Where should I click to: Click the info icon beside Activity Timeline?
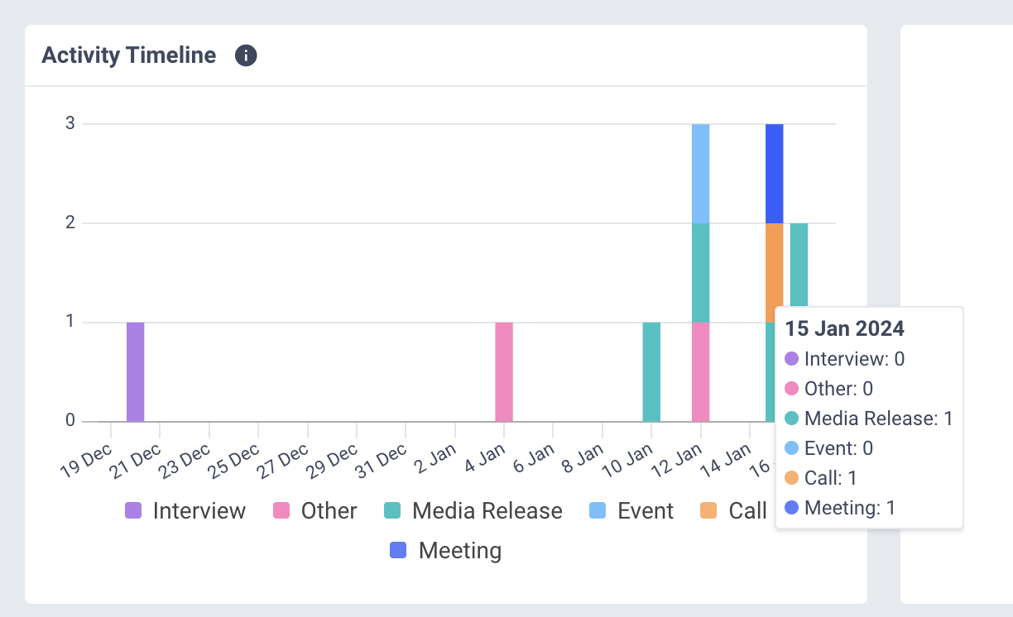pyautogui.click(x=246, y=55)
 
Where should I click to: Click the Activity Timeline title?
pyautogui.click(x=128, y=55)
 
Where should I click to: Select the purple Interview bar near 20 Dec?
pyautogui.click(x=136, y=371)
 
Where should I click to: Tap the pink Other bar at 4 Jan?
pyautogui.click(x=504, y=371)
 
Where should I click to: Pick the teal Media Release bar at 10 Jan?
pyautogui.click(x=651, y=371)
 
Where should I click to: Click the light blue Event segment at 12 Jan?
pyautogui.click(x=701, y=174)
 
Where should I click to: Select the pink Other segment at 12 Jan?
pyautogui.click(x=701, y=371)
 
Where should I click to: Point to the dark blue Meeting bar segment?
pyautogui.click(x=775, y=174)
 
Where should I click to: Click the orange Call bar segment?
pyautogui.click(x=775, y=272)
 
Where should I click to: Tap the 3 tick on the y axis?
pyautogui.click(x=70, y=124)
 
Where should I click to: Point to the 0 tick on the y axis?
pyautogui.click(x=70, y=421)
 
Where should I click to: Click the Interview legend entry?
pyautogui.click(x=185, y=511)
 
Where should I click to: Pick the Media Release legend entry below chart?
pyautogui.click(x=474, y=511)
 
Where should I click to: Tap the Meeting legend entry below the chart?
pyautogui.click(x=446, y=551)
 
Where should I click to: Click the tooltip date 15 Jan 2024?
pyautogui.click(x=844, y=328)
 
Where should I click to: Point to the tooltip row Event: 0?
pyautogui.click(x=838, y=448)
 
